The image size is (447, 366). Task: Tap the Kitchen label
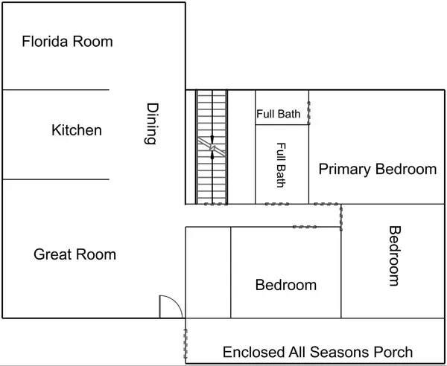(x=77, y=130)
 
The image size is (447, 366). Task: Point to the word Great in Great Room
(x=51, y=254)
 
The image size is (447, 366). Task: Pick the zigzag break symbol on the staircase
(x=212, y=147)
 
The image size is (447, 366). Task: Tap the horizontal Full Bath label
(x=278, y=114)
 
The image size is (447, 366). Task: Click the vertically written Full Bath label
(x=282, y=165)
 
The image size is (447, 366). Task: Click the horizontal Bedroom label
(x=286, y=285)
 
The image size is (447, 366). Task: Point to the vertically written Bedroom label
(x=396, y=256)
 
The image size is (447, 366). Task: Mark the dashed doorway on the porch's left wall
(x=186, y=344)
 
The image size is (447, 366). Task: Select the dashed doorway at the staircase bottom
(x=216, y=204)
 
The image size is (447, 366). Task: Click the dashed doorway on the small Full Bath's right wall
(x=308, y=113)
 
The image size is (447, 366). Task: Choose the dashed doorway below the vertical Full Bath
(x=277, y=204)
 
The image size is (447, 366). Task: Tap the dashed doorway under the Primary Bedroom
(x=326, y=204)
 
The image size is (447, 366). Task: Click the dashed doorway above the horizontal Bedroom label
(x=305, y=227)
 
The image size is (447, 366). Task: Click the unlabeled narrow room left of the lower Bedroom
(x=208, y=272)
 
